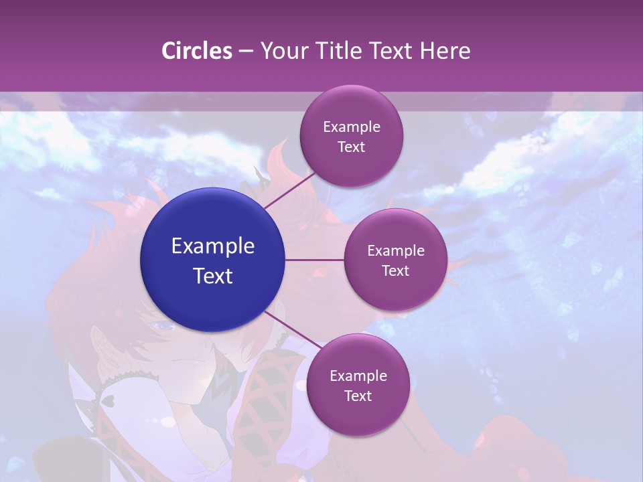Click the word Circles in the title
tap(197, 51)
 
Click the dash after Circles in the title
tap(246, 52)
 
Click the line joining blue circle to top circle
tap(289, 189)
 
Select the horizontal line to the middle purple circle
tap(315, 260)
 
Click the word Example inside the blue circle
tap(213, 246)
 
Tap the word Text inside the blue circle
tap(213, 276)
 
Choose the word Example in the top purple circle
tap(351, 127)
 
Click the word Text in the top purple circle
tap(351, 147)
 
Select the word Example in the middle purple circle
tap(395, 251)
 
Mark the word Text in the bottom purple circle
tap(358, 396)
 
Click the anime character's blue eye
tap(163, 326)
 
